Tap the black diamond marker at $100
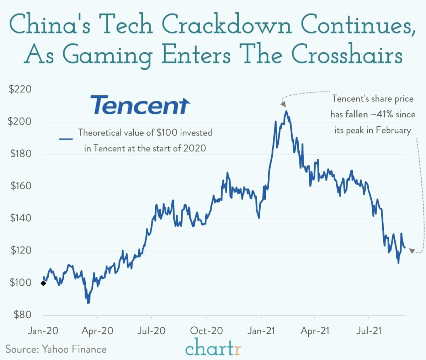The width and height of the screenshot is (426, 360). coord(43,283)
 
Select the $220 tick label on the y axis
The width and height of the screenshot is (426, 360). coord(20,89)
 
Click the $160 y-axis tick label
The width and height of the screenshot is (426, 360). coord(20,186)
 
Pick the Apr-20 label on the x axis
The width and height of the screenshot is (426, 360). coord(97,330)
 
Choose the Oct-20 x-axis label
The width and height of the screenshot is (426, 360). coord(206,330)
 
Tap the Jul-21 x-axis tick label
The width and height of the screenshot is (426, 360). coord(369,330)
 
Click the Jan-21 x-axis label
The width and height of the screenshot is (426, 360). coord(261,330)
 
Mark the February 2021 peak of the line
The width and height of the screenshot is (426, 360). coord(286,111)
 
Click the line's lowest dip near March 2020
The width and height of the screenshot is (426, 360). coord(88,303)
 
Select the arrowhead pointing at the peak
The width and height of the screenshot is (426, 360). coord(283,104)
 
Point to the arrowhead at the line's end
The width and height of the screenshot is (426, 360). coord(411,251)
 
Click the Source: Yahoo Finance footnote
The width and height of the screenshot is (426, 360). coord(56,349)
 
